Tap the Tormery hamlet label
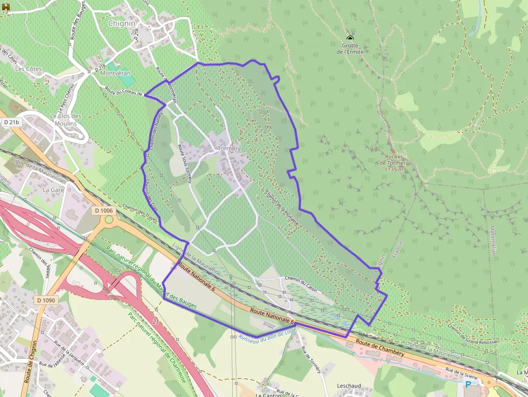(229, 148)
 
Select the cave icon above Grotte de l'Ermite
(350, 38)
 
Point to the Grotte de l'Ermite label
(350, 48)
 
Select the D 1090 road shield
(46, 300)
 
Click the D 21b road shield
(11, 123)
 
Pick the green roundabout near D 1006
(109, 219)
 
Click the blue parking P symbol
(468, 385)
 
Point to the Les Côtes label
(28, 69)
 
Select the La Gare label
(53, 190)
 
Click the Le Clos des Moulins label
(66, 120)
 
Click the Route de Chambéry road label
(380, 347)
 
